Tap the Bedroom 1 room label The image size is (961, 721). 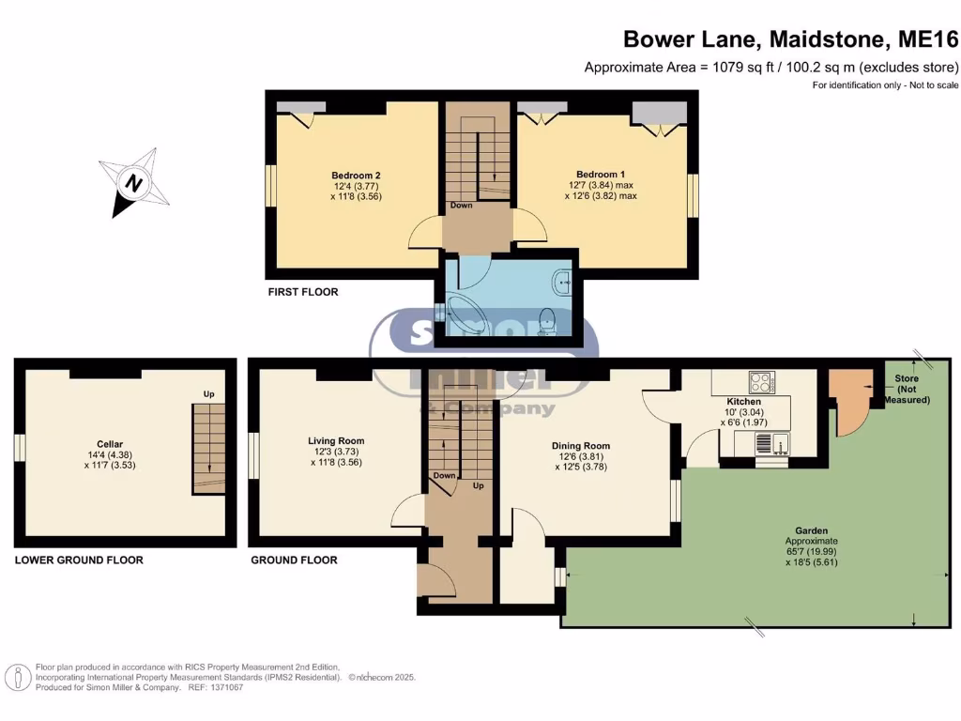(x=601, y=175)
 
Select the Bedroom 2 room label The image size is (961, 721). (x=356, y=175)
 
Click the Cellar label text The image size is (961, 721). (x=110, y=444)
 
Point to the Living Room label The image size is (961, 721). (x=336, y=440)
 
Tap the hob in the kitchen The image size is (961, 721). (x=759, y=382)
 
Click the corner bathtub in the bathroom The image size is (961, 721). (x=465, y=314)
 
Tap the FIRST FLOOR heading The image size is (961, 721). (x=303, y=292)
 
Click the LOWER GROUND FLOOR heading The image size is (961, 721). (x=79, y=560)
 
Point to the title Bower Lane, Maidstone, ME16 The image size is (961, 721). (x=791, y=39)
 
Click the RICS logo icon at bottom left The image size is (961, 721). (x=17, y=676)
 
